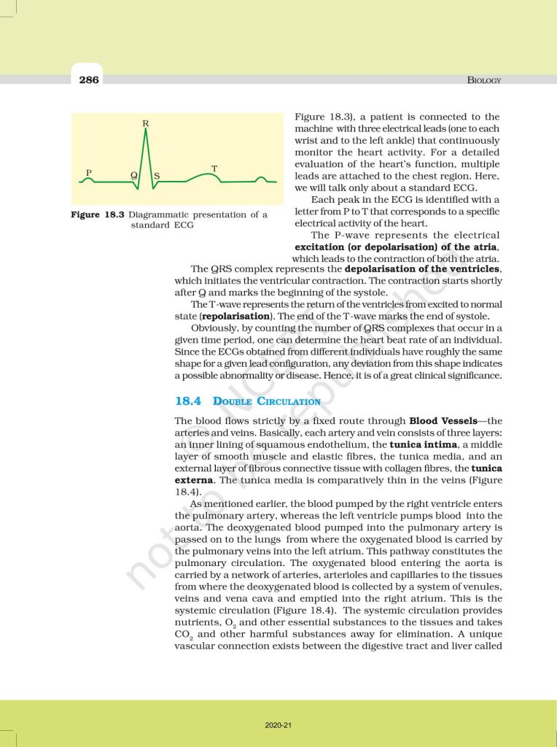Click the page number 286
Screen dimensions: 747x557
coord(90,80)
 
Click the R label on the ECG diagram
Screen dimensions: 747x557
coord(146,123)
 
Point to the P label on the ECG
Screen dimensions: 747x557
coord(89,172)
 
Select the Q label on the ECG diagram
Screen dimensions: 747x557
coord(133,176)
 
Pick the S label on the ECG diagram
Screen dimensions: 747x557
coord(157,176)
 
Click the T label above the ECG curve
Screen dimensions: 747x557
coord(214,169)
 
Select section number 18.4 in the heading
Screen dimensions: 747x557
coord(190,401)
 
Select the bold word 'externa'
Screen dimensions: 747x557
coord(195,480)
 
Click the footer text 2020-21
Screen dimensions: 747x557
coord(278,725)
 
